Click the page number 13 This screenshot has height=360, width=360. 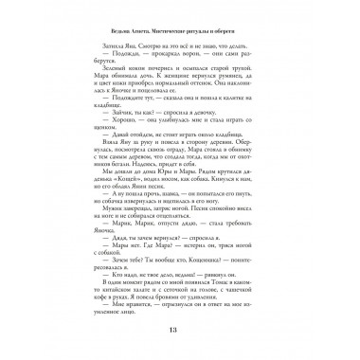(180, 329)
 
